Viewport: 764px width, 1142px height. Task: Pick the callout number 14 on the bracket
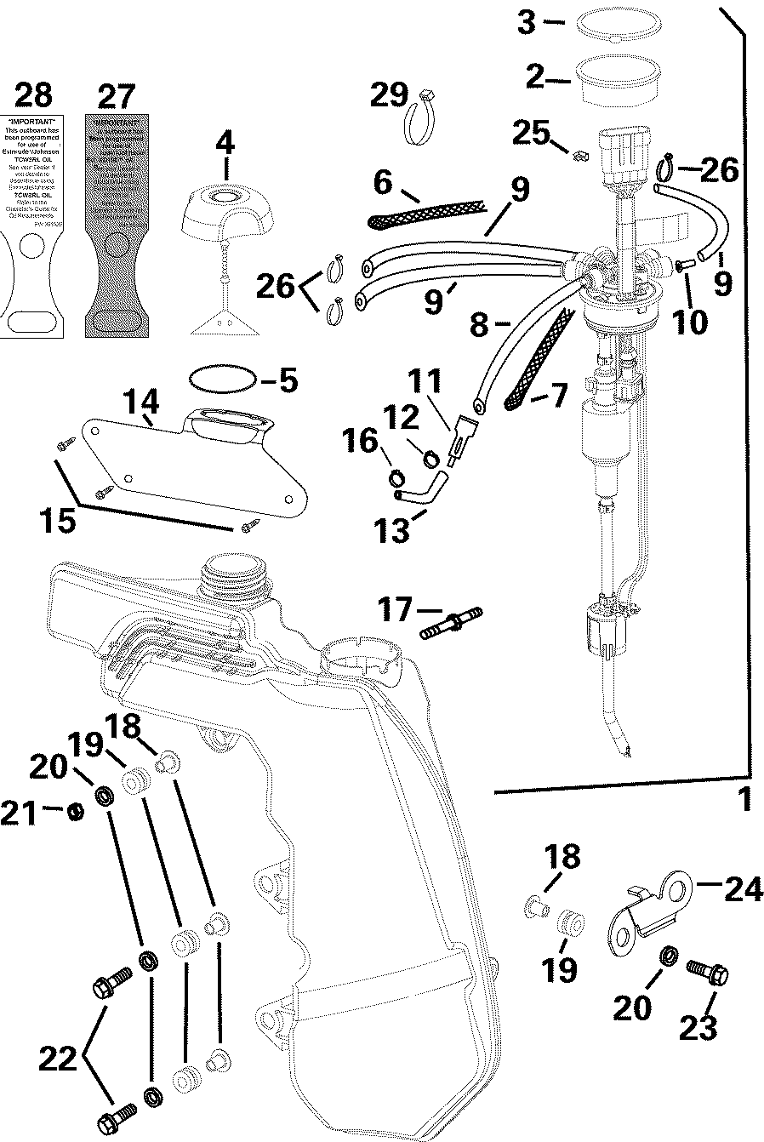[x=140, y=400]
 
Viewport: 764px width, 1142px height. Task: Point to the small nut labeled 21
[x=75, y=812]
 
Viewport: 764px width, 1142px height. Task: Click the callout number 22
[x=58, y=1059]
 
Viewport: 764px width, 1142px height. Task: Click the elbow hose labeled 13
[x=421, y=492]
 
